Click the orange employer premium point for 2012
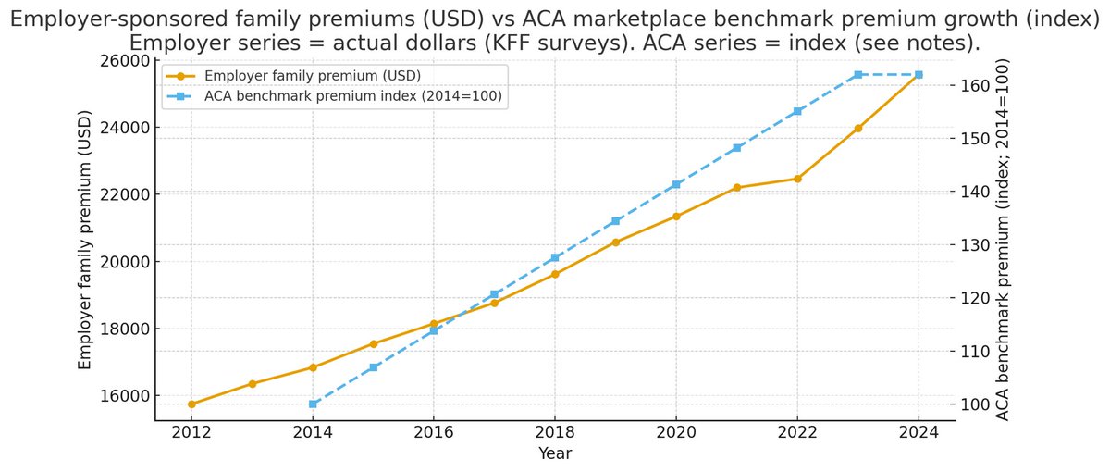pos(191,404)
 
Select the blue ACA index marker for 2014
pos(313,404)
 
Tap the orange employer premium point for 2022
pos(797,179)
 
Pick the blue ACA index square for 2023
pos(857,74)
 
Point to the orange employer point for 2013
pos(253,383)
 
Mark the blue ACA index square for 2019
pos(615,221)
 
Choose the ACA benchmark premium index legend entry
pos(347,96)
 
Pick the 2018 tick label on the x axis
pos(555,431)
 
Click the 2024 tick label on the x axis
pos(919,431)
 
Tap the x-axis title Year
pos(555,453)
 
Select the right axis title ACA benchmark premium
pos(1003,239)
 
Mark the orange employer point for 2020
pos(676,216)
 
